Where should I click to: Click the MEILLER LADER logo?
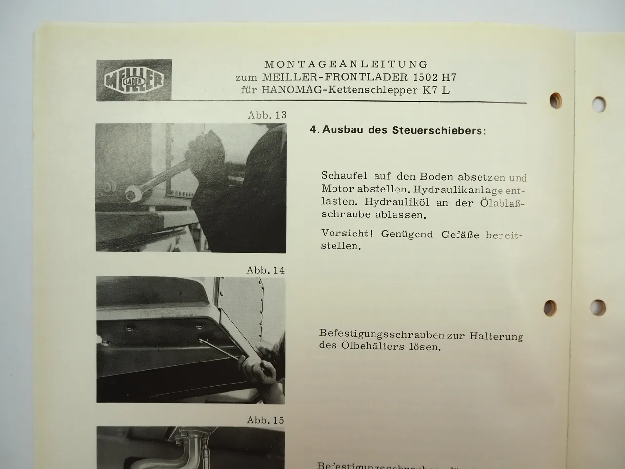click(134, 81)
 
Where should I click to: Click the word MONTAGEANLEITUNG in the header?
click(346, 64)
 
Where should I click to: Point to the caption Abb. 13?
click(267, 116)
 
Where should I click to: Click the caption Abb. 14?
click(266, 270)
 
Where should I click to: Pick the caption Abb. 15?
click(265, 420)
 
